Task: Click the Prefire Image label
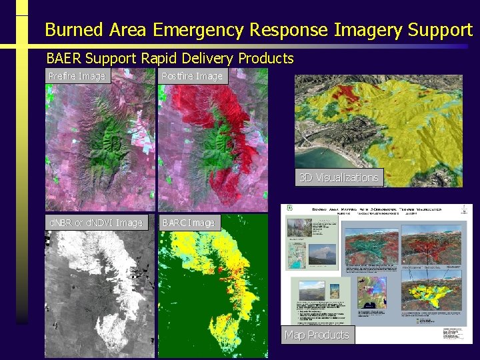77,76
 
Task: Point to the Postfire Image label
192,76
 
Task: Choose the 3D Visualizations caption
339,177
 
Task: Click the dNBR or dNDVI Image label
94,223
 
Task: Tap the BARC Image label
188,223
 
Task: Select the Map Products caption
317,335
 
